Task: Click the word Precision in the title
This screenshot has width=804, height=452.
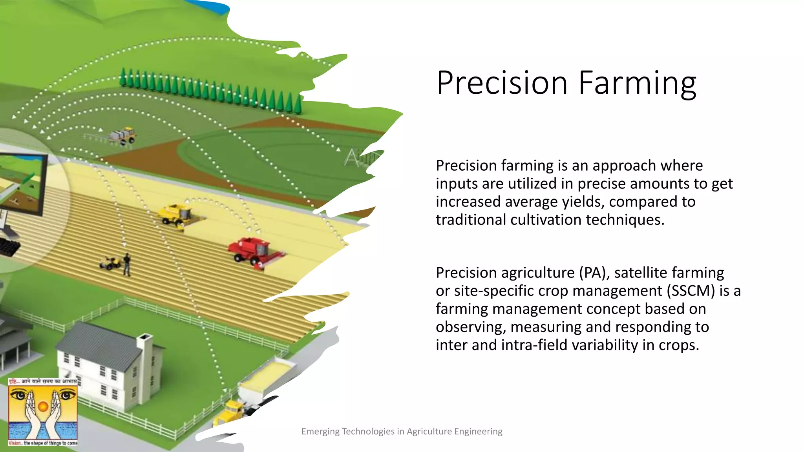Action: [x=502, y=83]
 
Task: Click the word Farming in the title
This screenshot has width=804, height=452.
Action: [x=637, y=84]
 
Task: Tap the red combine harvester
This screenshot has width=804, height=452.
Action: [x=254, y=252]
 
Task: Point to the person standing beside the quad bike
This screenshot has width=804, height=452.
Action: [x=127, y=264]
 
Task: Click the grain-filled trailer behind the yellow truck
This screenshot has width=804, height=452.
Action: [x=267, y=377]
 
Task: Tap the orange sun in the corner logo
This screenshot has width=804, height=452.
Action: [x=43, y=406]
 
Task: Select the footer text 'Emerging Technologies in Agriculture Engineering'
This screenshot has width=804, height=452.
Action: [x=402, y=431]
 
